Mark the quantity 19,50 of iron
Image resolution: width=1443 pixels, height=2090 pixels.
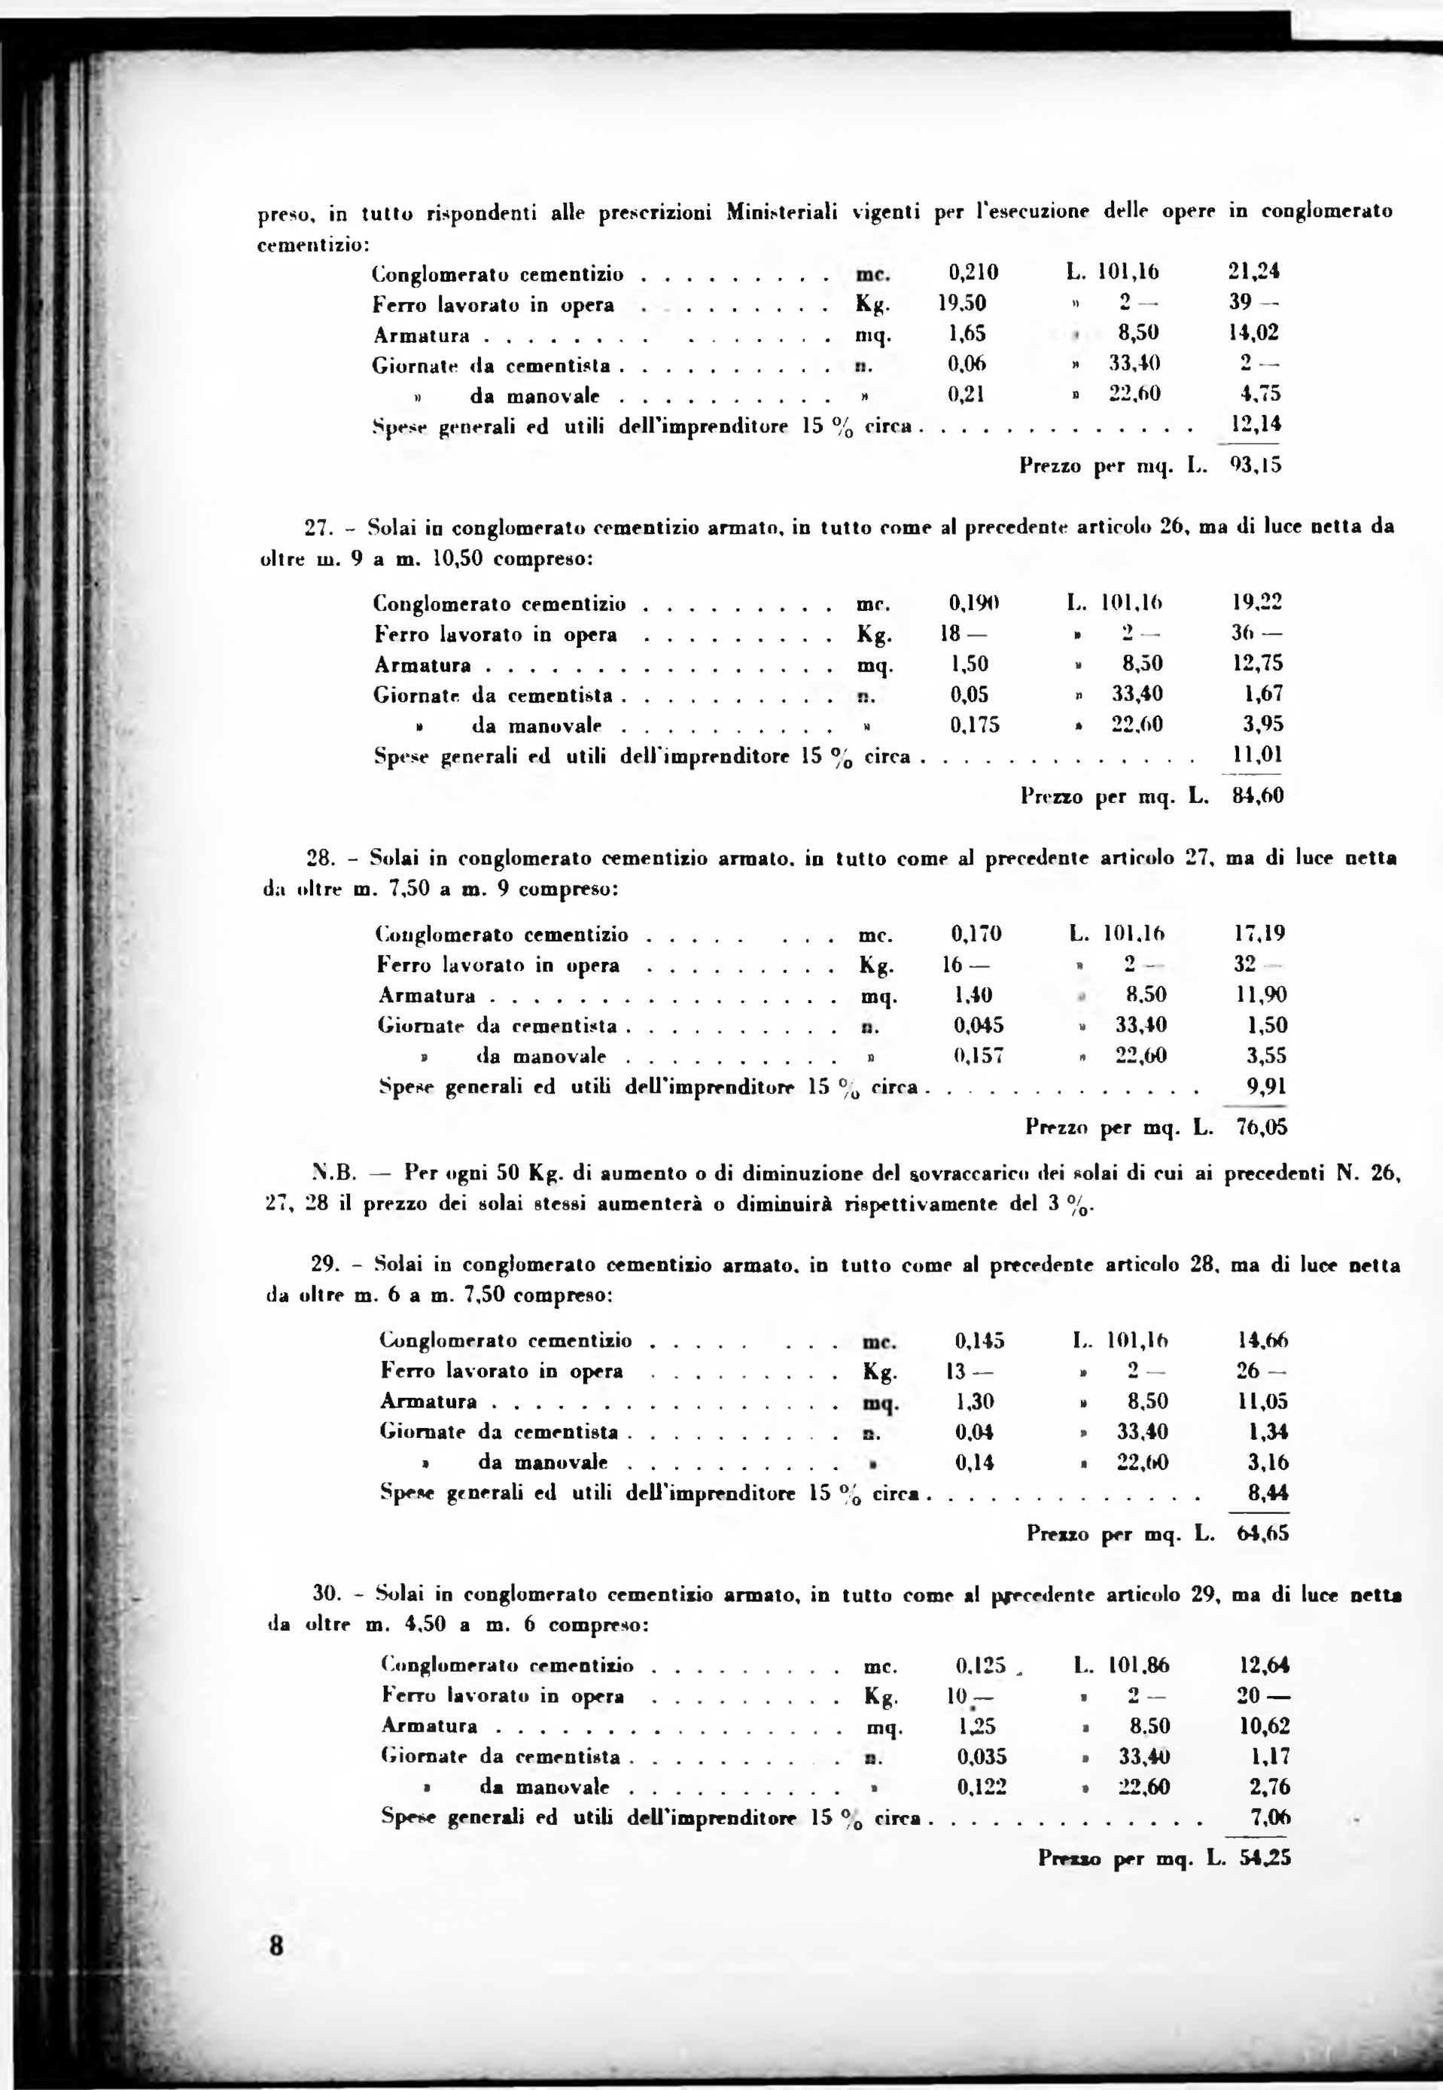[x=961, y=302]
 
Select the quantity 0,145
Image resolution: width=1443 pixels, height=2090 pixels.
[x=979, y=1341]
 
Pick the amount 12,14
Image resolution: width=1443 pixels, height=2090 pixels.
[x=1256, y=423]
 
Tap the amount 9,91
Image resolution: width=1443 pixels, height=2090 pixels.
[x=1267, y=1086]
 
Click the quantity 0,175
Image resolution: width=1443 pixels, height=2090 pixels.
[x=975, y=725]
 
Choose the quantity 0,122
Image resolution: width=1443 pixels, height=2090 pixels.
[x=981, y=1786]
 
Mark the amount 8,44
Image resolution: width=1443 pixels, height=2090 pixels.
[x=1268, y=1492]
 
